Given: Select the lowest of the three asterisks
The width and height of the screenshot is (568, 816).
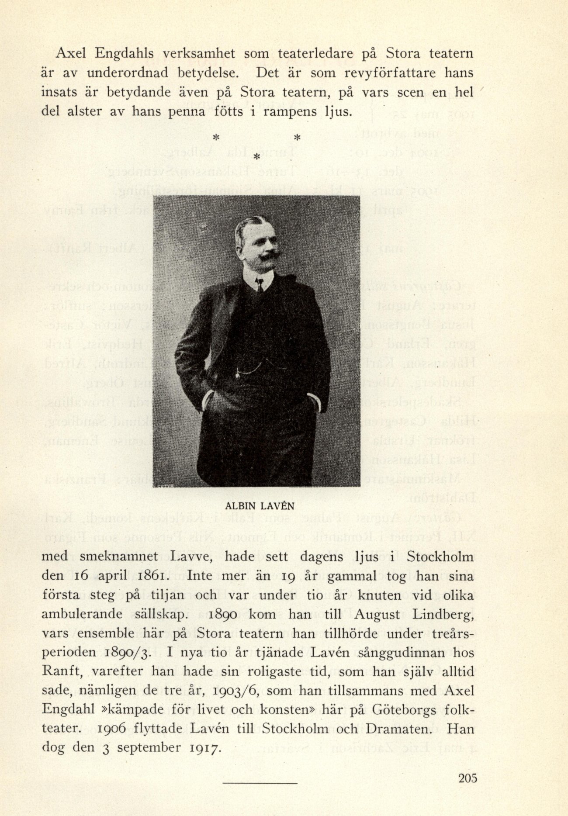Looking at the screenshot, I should (257, 156).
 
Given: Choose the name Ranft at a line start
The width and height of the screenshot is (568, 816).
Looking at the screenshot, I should (59, 671).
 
